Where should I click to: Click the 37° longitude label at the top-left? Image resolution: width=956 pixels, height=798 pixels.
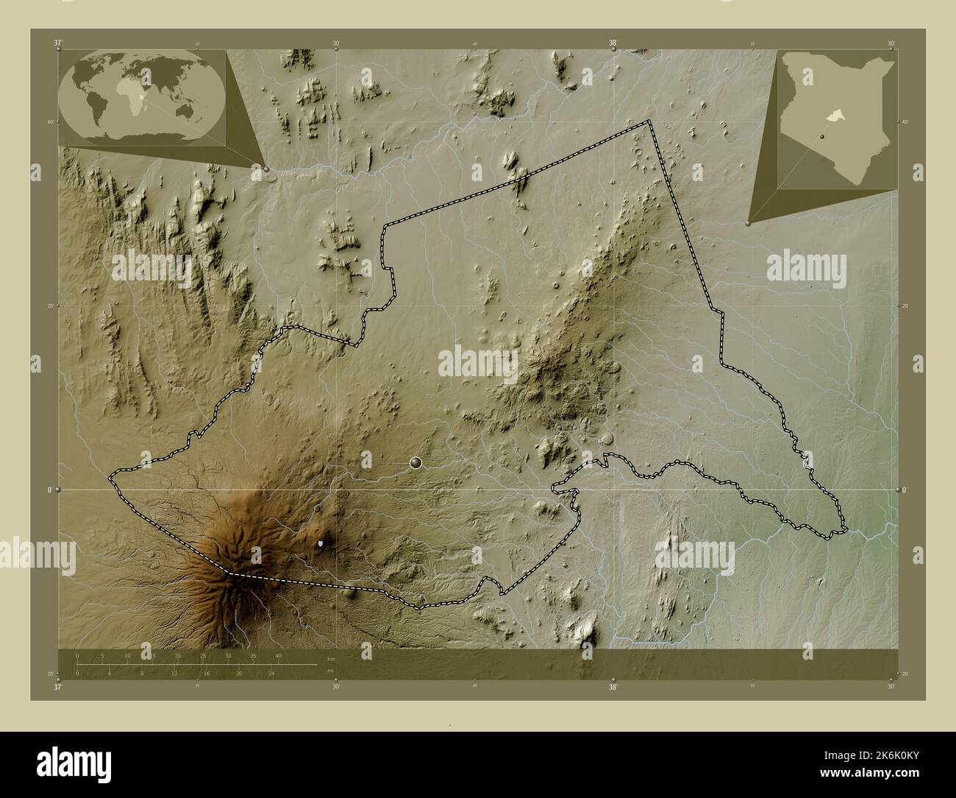click(58, 43)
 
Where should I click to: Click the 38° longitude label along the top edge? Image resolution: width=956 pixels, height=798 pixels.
click(613, 43)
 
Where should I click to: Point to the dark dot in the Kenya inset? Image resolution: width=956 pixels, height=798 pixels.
click(816, 136)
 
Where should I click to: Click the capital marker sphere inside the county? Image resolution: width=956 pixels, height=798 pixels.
click(416, 462)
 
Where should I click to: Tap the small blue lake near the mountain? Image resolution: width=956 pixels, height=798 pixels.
click(321, 544)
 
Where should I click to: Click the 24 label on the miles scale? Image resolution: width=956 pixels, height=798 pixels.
click(271, 673)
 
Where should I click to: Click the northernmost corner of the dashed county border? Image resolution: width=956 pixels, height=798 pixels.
click(648, 121)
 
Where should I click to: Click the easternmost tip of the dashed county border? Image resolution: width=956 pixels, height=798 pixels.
click(846, 529)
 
